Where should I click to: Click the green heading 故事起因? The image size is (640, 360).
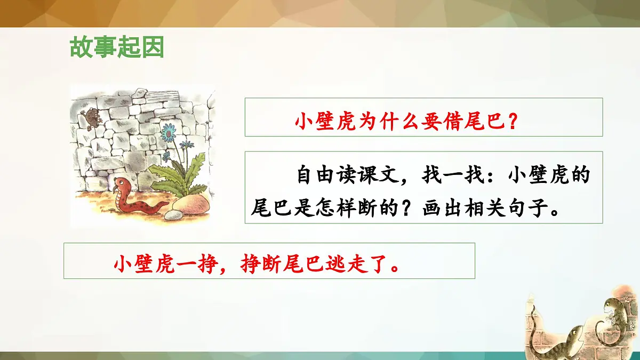pyautogui.click(x=116, y=48)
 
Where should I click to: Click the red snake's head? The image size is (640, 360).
pyautogui.click(x=122, y=183)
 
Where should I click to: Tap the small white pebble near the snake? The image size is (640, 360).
pyautogui.click(x=173, y=215)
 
